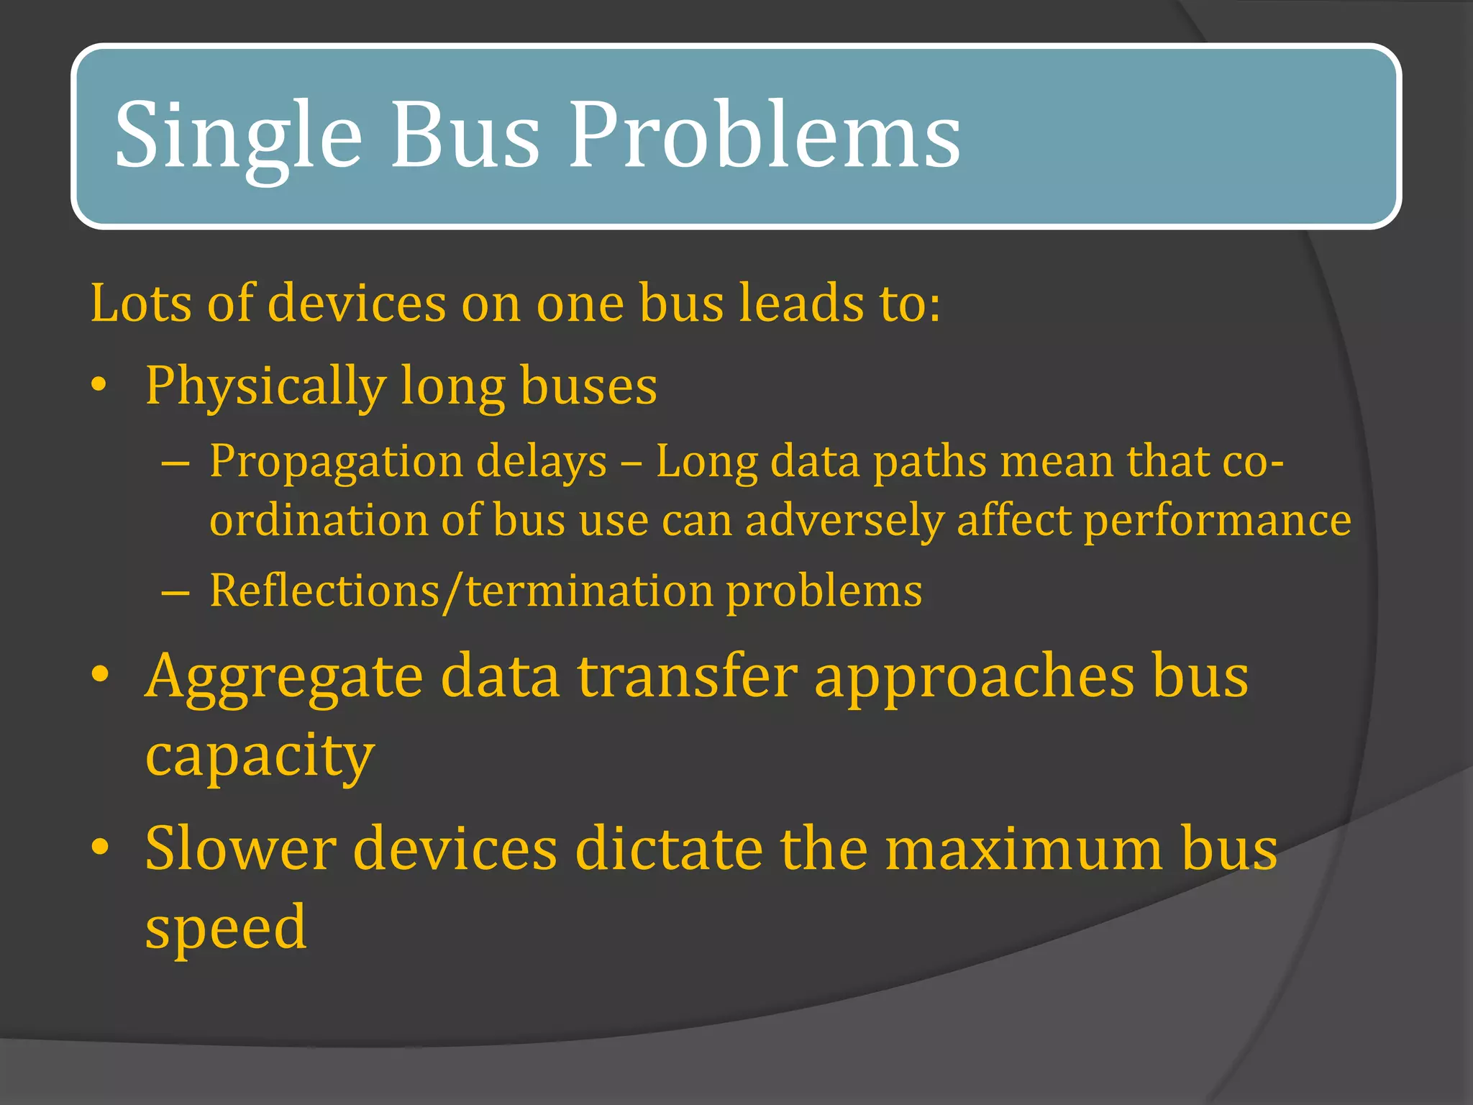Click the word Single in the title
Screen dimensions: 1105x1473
pyautogui.click(x=238, y=137)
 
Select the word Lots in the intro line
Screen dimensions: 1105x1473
pyautogui.click(x=141, y=303)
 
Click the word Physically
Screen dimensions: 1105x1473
pyautogui.click(x=265, y=386)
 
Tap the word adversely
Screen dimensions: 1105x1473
pyautogui.click(x=844, y=520)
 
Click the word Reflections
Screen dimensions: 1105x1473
pyautogui.click(x=324, y=591)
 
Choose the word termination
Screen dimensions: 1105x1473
pyautogui.click(x=590, y=591)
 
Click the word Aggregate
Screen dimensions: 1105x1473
pyautogui.click(x=284, y=678)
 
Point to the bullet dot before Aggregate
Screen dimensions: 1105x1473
pyautogui.click(x=100, y=675)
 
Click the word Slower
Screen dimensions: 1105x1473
pyautogui.click(x=241, y=849)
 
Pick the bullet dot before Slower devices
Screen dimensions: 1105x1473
pyautogui.click(x=100, y=847)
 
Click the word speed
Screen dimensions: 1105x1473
pyautogui.click(x=226, y=928)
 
